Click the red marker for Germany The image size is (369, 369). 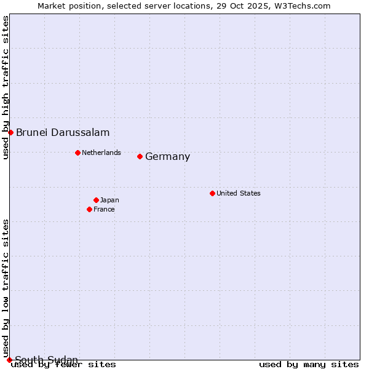[x=140, y=156]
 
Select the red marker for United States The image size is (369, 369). [x=212, y=193]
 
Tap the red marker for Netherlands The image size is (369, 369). [x=77, y=153]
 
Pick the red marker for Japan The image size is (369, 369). [x=96, y=200]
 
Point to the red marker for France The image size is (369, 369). [x=89, y=209]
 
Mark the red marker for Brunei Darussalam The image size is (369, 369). [x=10, y=132]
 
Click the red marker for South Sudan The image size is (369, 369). [x=9, y=360]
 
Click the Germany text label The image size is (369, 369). [x=167, y=157]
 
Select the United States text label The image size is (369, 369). [x=239, y=193]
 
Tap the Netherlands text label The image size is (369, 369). [x=101, y=153]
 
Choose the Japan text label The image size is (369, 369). [x=109, y=200]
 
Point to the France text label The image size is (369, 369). [x=104, y=209]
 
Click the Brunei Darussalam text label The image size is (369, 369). [x=63, y=132]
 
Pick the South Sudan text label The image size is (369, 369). [x=46, y=359]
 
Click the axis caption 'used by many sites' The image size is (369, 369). [x=309, y=365]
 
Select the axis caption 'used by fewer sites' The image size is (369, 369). [x=63, y=365]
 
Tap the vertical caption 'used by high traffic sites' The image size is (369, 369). [x=6, y=87]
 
